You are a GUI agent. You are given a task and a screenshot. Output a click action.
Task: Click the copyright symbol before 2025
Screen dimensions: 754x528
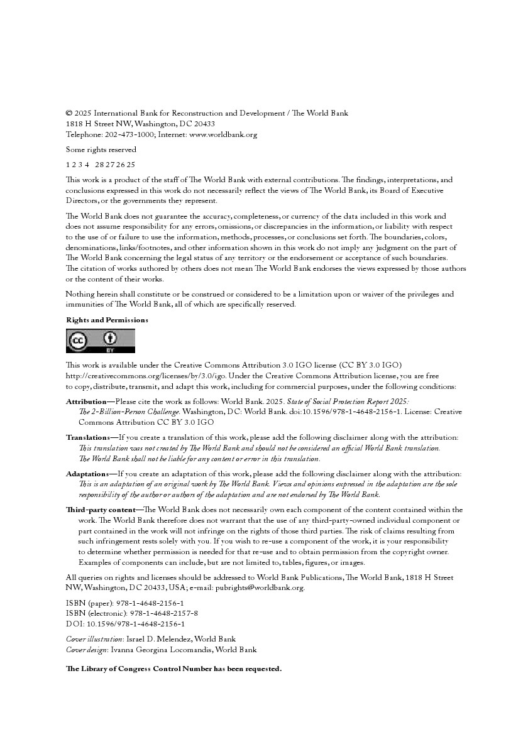pos(69,114)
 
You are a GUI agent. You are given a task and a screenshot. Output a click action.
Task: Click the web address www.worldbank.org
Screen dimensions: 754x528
pos(223,134)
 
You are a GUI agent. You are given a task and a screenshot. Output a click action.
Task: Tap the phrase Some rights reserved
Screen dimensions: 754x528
pos(101,150)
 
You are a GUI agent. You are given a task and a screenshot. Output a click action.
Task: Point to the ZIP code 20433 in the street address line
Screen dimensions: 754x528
pos(203,124)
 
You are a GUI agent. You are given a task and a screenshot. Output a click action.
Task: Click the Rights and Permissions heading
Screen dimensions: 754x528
pos(107,320)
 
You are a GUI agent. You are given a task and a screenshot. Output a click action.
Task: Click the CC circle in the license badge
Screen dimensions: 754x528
pos(79,341)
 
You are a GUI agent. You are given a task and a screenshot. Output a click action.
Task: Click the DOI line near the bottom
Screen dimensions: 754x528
pos(125,624)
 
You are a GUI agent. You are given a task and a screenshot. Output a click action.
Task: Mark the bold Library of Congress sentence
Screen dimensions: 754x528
pos(173,669)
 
